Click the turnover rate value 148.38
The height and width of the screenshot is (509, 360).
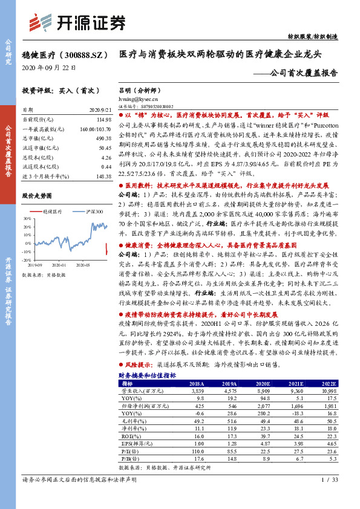(103, 175)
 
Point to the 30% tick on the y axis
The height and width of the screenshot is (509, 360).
(27, 219)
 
